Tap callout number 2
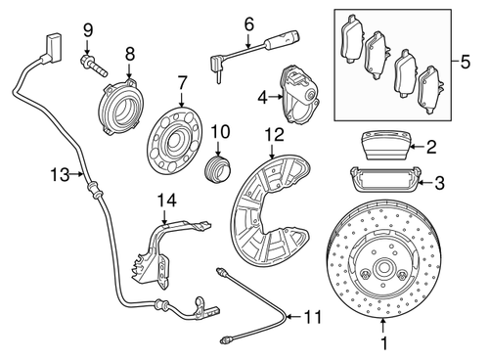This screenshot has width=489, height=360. coord(431,147)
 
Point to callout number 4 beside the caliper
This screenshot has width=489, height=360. coord(263,96)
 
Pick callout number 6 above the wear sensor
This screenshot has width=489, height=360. coord(248,22)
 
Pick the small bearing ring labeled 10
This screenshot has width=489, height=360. coord(217,163)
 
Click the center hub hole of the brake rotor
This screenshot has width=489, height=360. coord(382,275)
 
